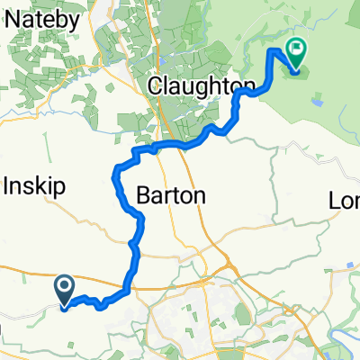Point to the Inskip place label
(32, 189)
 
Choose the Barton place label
(172, 195)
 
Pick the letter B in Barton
(145, 195)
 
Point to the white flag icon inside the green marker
(296, 49)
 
